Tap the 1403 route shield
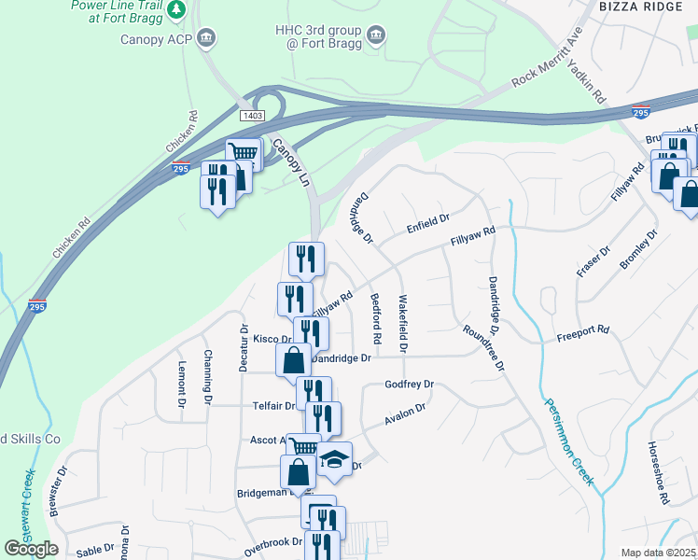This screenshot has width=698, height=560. [x=251, y=114]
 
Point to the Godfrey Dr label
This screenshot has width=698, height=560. [x=410, y=385]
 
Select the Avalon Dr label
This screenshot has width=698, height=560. [x=406, y=415]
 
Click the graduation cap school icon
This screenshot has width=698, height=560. [x=334, y=458]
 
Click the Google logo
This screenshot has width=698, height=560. [x=31, y=549]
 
